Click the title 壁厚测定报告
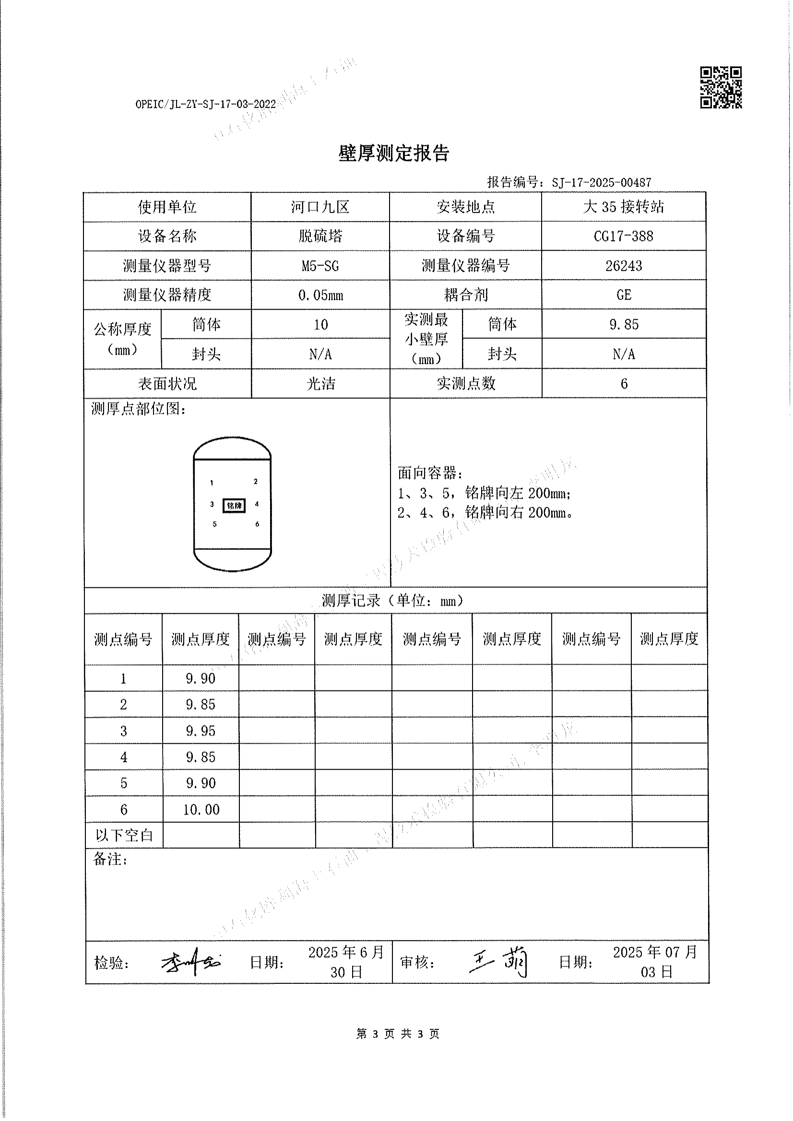[x=393, y=153]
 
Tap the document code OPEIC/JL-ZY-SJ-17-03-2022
[x=205, y=104]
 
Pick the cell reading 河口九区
[x=320, y=207]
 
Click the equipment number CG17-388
[x=624, y=236]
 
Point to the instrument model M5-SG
[x=320, y=266]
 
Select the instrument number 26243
[x=624, y=266]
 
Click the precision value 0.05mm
[x=320, y=295]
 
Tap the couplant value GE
[x=624, y=295]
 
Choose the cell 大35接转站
[x=624, y=207]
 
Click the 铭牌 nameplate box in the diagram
[x=234, y=505]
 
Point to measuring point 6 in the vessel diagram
[x=257, y=524]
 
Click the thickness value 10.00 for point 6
[x=201, y=809]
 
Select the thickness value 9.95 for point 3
[x=201, y=731]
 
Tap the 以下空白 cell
[x=124, y=835]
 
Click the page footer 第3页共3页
[x=398, y=1034]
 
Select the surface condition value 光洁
[x=320, y=384]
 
